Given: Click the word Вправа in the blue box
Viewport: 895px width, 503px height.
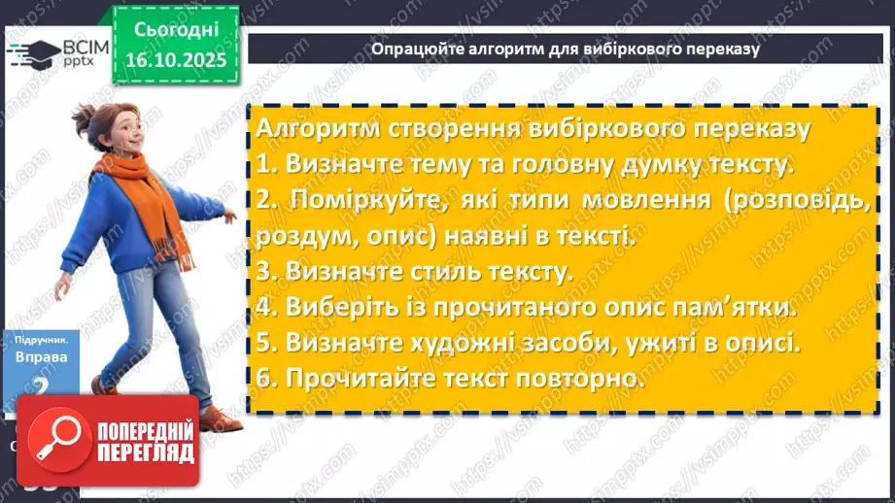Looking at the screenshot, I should pos(42,356).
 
